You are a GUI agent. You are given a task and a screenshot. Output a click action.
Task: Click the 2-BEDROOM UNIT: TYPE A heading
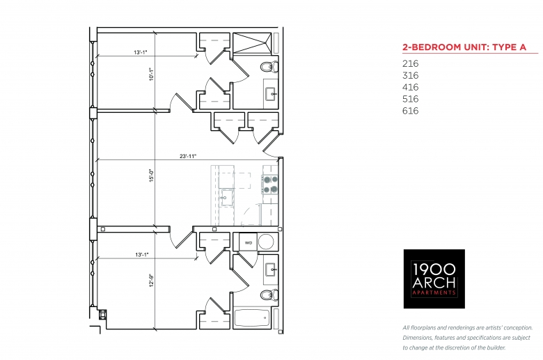coord(464,47)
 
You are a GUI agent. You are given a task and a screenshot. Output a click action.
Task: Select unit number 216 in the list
coord(410,63)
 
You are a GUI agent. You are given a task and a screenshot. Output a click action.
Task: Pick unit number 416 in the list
coord(410,87)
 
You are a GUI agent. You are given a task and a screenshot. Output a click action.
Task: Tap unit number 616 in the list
coord(410,111)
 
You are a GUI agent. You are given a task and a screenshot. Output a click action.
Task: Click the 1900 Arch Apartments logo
coord(434,279)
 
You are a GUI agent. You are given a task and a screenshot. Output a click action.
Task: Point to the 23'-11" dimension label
coord(188,156)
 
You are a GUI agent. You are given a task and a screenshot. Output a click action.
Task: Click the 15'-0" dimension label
coord(151,175)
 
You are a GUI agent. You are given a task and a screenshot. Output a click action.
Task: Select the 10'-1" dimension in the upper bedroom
coord(151,74)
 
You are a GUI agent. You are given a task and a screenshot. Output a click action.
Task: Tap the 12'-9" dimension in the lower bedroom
coord(151,281)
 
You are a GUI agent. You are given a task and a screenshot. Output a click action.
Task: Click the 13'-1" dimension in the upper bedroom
coord(141,52)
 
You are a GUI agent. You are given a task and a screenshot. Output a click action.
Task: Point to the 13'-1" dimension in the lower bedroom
coord(142,255)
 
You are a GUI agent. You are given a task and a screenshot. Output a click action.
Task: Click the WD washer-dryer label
coord(249,243)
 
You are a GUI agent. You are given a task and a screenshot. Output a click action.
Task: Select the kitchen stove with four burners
coord(270,185)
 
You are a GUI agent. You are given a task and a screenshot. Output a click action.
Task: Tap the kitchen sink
coord(227,198)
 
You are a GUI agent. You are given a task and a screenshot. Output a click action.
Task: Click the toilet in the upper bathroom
coord(269,67)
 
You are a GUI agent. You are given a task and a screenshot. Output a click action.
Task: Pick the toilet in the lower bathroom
coord(269,295)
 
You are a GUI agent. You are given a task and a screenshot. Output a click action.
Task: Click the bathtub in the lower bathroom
coord(253,318)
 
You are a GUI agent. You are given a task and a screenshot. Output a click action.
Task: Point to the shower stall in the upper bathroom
coord(253,43)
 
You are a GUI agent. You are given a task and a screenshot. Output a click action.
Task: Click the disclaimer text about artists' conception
coord(468,338)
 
